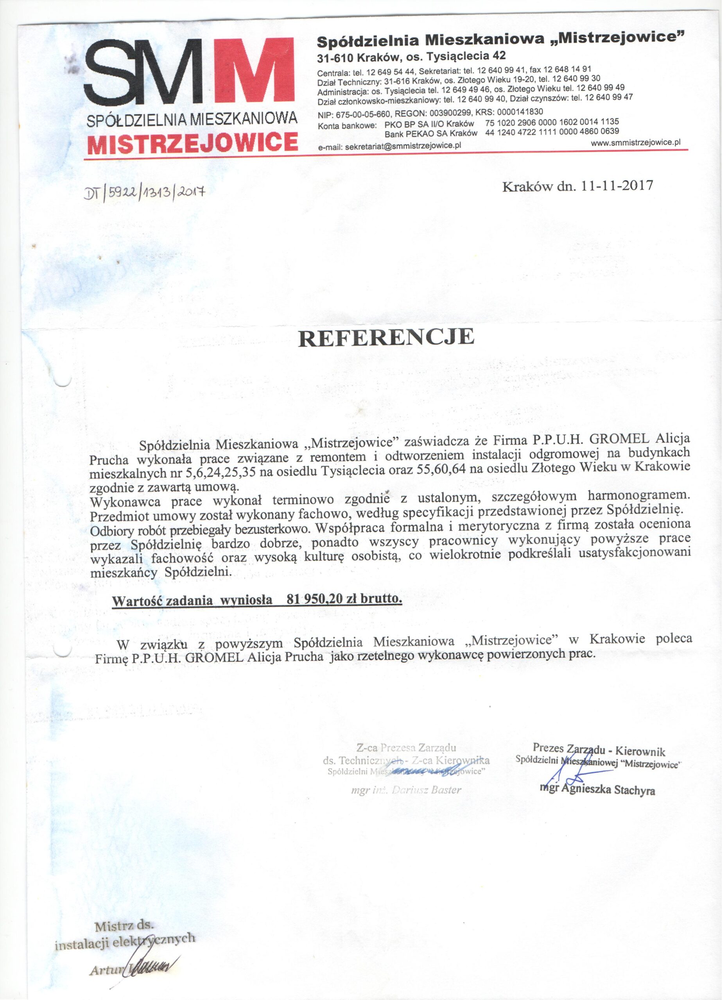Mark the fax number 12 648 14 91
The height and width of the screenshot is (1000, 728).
569,69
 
